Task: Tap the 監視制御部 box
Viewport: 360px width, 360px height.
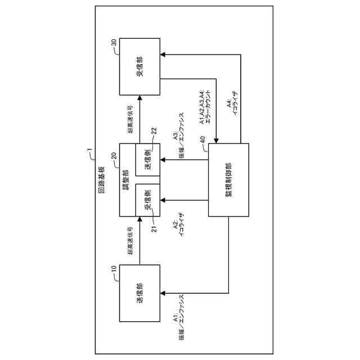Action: (228, 180)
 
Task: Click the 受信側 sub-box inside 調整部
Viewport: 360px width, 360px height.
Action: (148, 200)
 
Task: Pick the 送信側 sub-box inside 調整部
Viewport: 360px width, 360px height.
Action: (148, 160)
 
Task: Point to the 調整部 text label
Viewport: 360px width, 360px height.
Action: (126, 180)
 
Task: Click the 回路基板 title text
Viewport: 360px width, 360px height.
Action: (101, 180)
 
